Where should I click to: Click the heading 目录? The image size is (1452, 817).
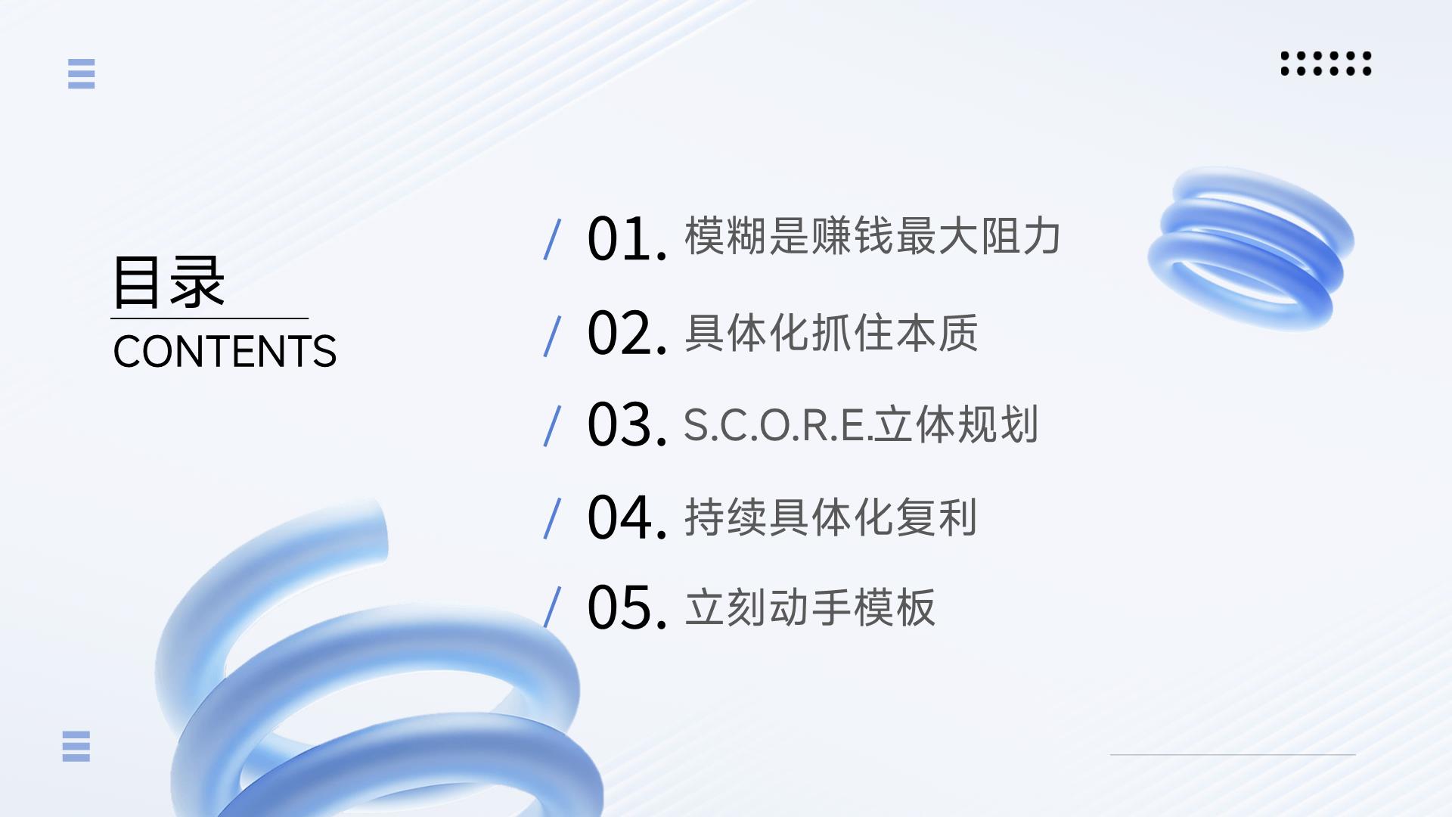click(169, 281)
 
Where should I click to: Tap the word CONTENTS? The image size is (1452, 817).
click(225, 352)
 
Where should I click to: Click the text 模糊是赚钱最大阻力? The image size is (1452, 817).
click(873, 236)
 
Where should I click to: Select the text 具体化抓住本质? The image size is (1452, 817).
click(831, 333)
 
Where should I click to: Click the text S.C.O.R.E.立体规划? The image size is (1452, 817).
click(861, 424)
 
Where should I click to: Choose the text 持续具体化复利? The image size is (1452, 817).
click(831, 517)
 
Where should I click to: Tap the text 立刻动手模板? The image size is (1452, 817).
click(810, 607)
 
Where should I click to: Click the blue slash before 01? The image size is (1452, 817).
click(552, 239)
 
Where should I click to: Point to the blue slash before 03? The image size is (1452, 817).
click(552, 426)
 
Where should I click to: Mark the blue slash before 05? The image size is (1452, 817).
click(552, 607)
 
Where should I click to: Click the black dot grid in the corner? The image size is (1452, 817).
click(1326, 64)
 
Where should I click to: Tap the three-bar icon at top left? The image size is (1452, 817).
click(82, 73)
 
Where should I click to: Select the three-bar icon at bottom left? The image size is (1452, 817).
click(76, 746)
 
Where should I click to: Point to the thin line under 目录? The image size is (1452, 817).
click(209, 318)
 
